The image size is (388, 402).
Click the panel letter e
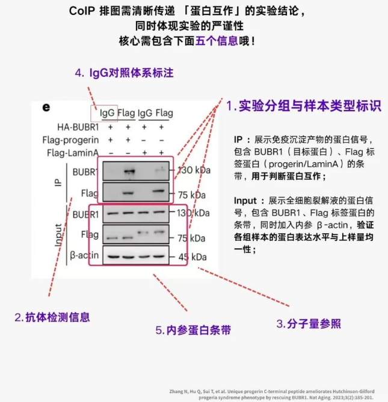coord(46,107)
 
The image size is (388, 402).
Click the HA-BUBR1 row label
coord(78,127)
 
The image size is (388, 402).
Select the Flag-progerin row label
coord(70,140)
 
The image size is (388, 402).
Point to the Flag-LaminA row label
coord(73,153)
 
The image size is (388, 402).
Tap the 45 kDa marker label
coord(192,257)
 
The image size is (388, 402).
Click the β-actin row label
coord(84,255)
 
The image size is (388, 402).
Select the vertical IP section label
coord(58,183)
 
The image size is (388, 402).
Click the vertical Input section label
coord(58,235)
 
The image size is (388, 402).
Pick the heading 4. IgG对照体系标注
coord(124,73)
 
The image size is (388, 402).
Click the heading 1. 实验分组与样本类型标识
coord(304,106)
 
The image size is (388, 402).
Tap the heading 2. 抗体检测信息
coord(52,317)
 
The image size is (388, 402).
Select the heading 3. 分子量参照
coord(309,324)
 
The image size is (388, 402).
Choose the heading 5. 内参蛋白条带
coord(193,330)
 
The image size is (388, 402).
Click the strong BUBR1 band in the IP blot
coord(129,171)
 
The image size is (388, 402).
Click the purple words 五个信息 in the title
coord(217,41)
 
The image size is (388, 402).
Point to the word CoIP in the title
coord(82,11)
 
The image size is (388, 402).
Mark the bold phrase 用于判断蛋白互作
coord(286,176)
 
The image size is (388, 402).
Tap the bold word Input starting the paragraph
coord(245,201)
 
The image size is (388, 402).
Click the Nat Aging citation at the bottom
coord(272,394)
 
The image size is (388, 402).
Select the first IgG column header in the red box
coord(107,113)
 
